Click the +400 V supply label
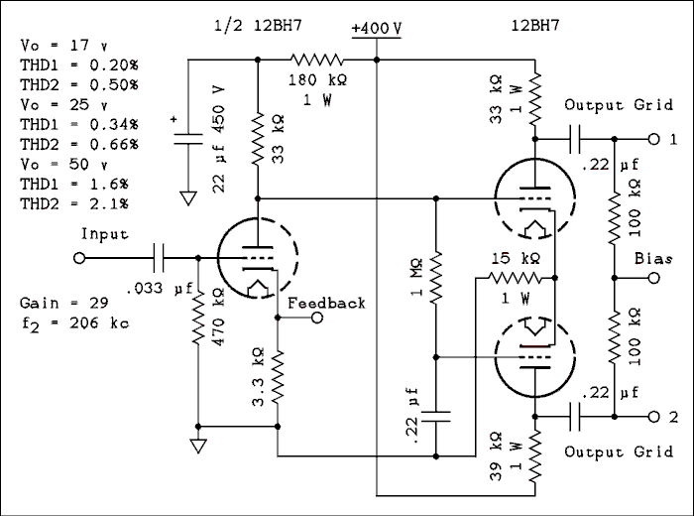pos(377,29)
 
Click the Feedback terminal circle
pos(317,319)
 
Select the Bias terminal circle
pos(652,279)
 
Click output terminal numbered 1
pos(652,139)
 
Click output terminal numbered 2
pos(652,416)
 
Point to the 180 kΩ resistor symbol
pos(317,60)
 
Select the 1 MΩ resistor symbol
pos(436,280)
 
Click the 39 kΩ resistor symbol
pos(535,451)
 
